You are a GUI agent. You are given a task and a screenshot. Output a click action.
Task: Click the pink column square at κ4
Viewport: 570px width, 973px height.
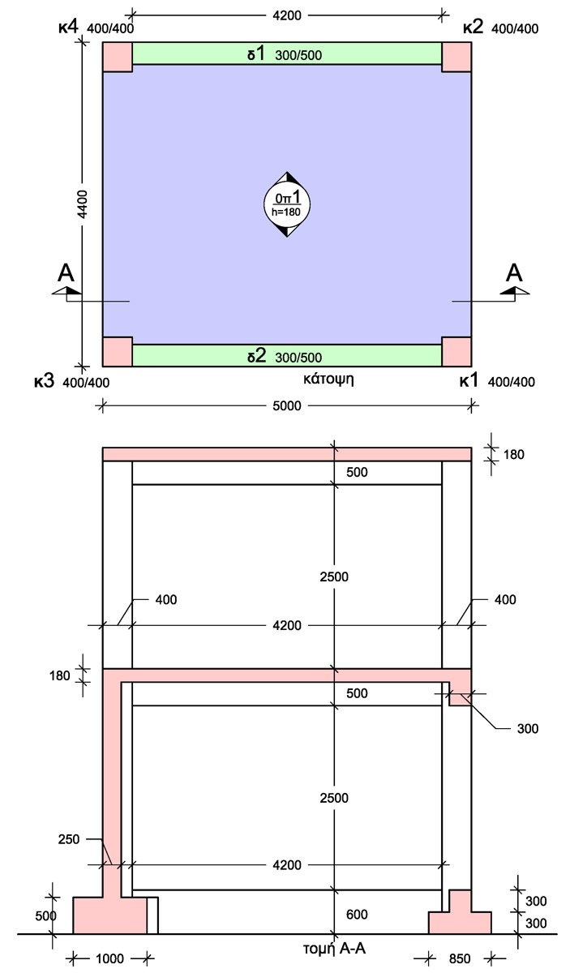tap(118, 57)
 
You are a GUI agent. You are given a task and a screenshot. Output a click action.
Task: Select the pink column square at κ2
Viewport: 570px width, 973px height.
tap(456, 57)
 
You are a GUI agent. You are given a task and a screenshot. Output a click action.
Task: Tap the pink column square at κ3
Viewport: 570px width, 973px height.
tap(118, 351)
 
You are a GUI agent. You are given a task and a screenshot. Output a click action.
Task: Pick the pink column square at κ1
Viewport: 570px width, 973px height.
tap(456, 351)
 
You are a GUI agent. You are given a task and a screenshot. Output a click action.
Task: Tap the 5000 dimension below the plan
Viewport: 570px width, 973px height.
tap(286, 407)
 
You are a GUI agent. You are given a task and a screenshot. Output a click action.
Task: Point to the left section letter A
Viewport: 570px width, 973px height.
tap(66, 272)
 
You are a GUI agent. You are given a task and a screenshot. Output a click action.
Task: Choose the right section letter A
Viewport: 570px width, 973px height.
tap(514, 272)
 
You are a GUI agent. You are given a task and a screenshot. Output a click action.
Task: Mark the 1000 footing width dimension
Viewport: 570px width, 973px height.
tap(109, 959)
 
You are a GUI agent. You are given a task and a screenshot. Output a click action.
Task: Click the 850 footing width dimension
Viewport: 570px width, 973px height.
tap(459, 959)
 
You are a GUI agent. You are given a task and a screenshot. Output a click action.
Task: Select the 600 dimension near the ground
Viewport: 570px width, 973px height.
tap(356, 915)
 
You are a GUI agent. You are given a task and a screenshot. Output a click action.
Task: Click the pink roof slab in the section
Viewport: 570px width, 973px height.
tap(287, 454)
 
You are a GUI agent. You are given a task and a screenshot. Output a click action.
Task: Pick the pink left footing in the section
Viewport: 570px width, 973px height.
tap(109, 915)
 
